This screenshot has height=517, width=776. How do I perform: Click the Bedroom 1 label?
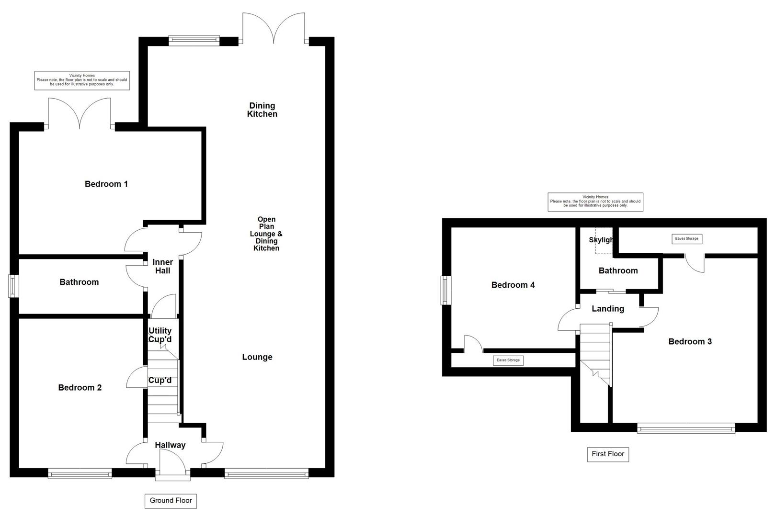(x=106, y=184)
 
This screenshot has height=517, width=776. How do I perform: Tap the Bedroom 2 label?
(x=80, y=388)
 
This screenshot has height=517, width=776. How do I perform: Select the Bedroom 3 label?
(x=690, y=341)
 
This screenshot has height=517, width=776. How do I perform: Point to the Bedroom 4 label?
(x=513, y=285)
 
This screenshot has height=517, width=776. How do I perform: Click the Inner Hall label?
(x=162, y=267)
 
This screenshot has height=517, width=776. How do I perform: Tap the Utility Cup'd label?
(x=160, y=335)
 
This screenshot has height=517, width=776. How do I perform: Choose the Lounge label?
(x=257, y=357)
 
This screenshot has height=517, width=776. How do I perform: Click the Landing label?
(x=608, y=309)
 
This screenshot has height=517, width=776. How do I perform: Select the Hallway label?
(x=170, y=445)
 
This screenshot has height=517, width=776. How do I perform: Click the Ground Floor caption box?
(x=171, y=501)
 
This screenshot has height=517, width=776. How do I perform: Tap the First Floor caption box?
(x=608, y=454)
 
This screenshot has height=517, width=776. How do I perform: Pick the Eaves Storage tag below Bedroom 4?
(x=508, y=360)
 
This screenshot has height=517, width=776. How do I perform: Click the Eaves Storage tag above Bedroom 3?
(x=686, y=238)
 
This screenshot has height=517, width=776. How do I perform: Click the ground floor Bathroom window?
(x=14, y=286)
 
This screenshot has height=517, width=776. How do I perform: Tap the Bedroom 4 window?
(x=446, y=290)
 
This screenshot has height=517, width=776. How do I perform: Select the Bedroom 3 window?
(x=686, y=428)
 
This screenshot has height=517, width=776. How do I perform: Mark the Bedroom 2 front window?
(x=80, y=473)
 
